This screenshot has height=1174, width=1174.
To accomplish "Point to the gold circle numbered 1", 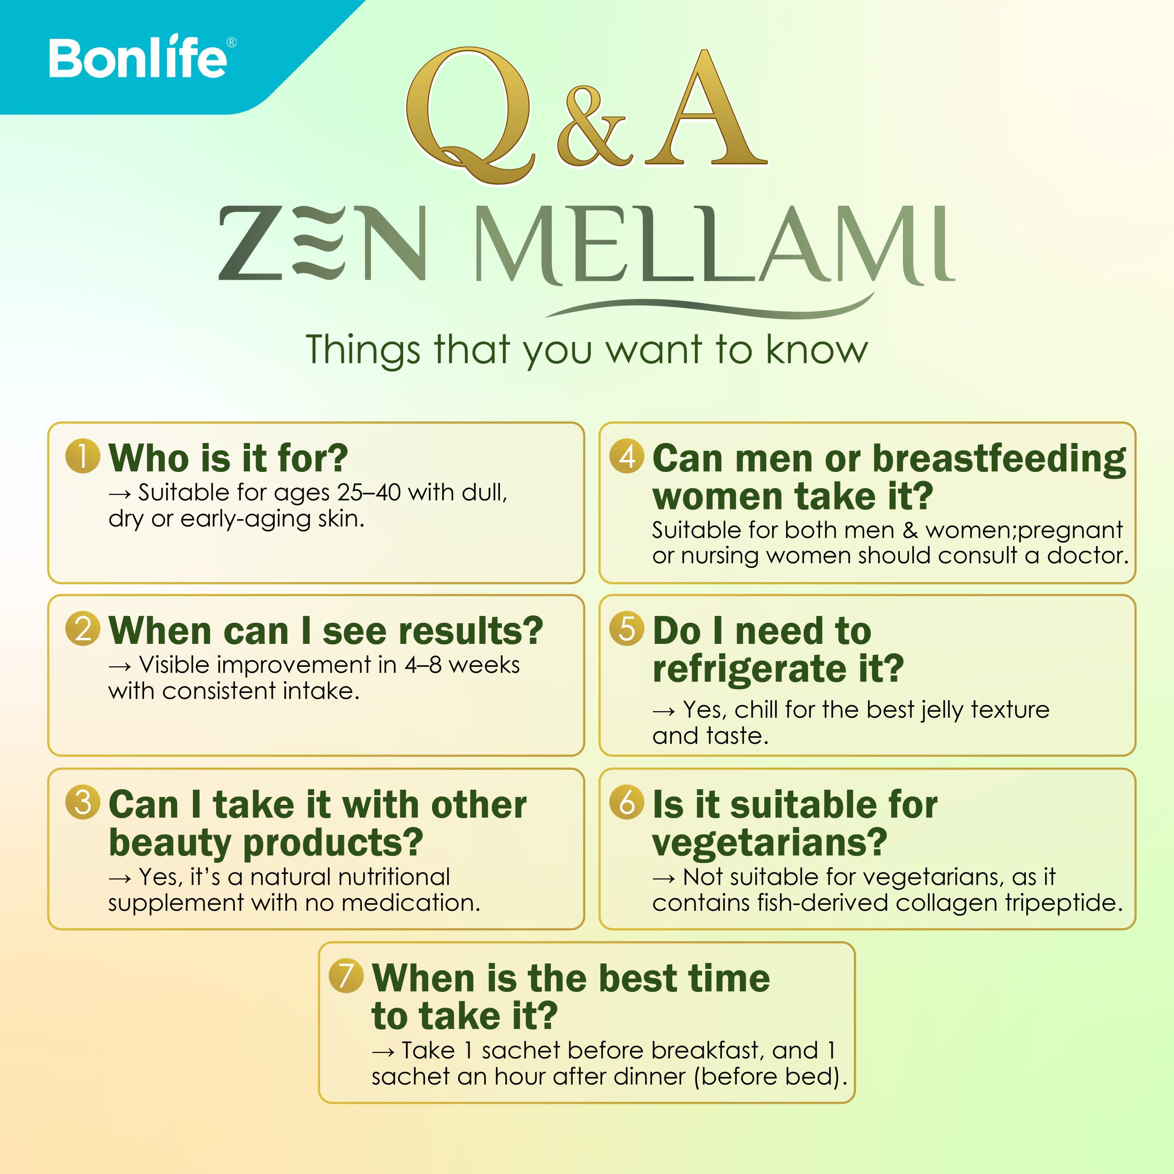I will [x=83, y=456].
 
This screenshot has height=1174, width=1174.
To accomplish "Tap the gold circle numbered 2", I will [x=83, y=628].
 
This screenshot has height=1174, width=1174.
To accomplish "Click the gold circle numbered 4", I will [x=626, y=456].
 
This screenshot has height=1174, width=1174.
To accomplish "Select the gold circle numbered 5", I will [x=626, y=628].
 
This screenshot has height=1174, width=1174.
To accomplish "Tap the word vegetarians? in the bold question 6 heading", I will [x=770, y=843].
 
